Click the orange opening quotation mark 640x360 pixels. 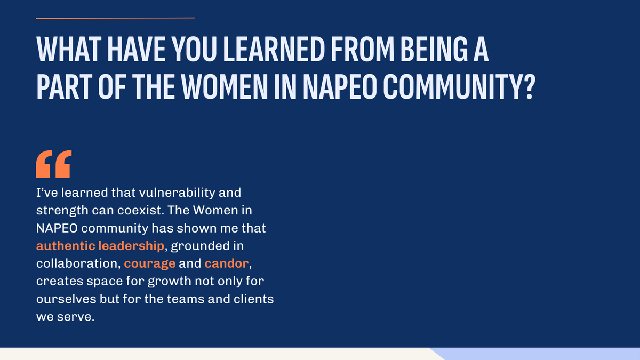53,164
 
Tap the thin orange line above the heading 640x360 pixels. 115,18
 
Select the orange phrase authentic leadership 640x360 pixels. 100,245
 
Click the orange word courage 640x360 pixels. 150,263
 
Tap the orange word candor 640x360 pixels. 226,263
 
